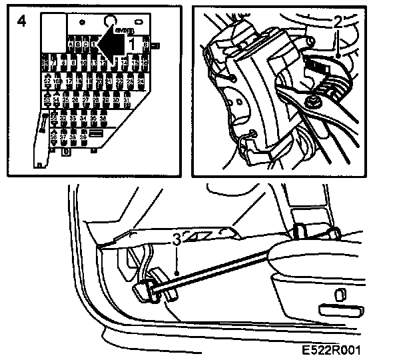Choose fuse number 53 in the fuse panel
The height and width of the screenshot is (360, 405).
pyautogui.click(x=48, y=100)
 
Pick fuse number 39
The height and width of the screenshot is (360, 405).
pyautogui.click(x=83, y=137)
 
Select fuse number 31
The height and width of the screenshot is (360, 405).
pyautogui.click(x=127, y=100)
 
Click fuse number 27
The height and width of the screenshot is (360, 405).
pyautogui.click(x=86, y=100)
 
